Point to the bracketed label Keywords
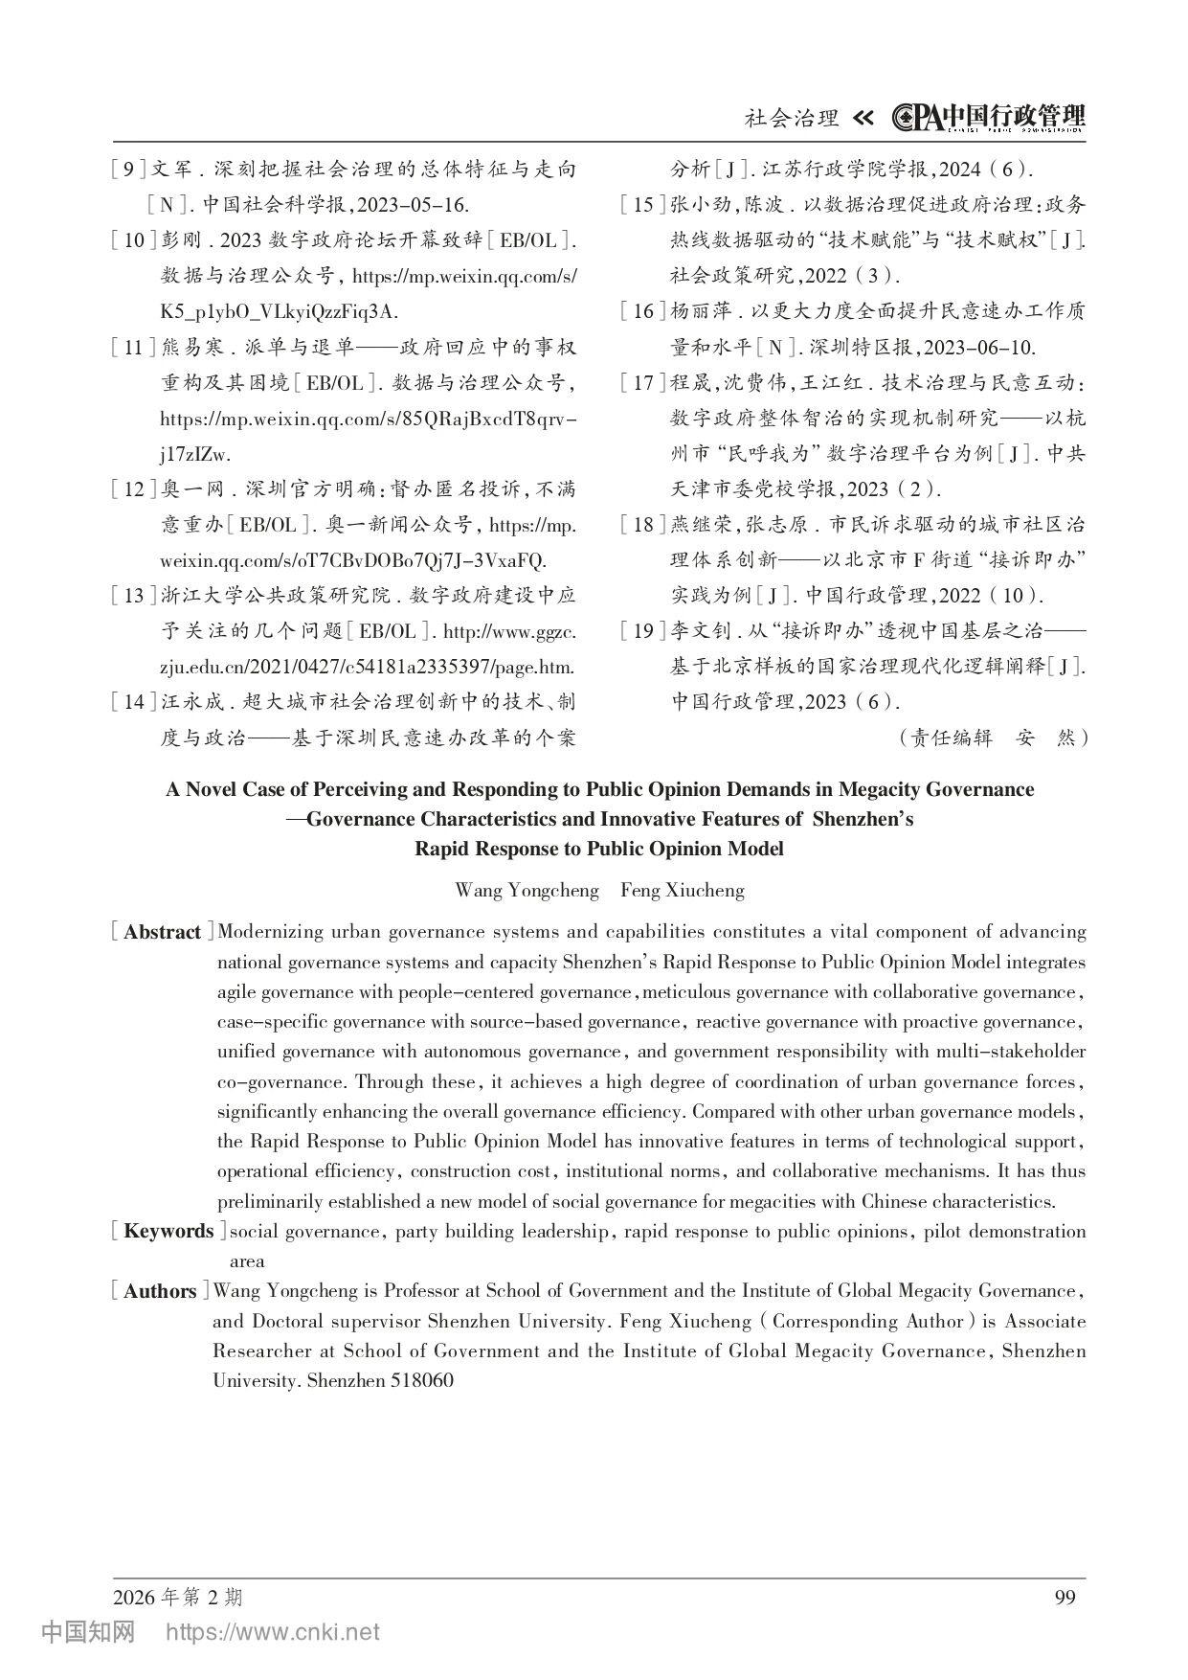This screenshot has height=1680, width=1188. pos(168,1231)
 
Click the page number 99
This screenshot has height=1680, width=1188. pos(1065,1597)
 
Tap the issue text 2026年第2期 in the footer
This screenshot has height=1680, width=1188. pos(177,1597)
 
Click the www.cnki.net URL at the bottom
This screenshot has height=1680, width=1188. pos(273,1632)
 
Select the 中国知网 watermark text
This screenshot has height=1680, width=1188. pos(88,1632)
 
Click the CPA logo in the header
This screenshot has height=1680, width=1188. pos(916,117)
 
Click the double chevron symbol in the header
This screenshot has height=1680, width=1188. pos(863,118)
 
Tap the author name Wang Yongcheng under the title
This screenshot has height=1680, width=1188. pos(527,890)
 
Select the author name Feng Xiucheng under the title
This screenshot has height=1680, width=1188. pos(682,890)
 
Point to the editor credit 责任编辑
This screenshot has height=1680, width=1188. pos(952,738)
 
